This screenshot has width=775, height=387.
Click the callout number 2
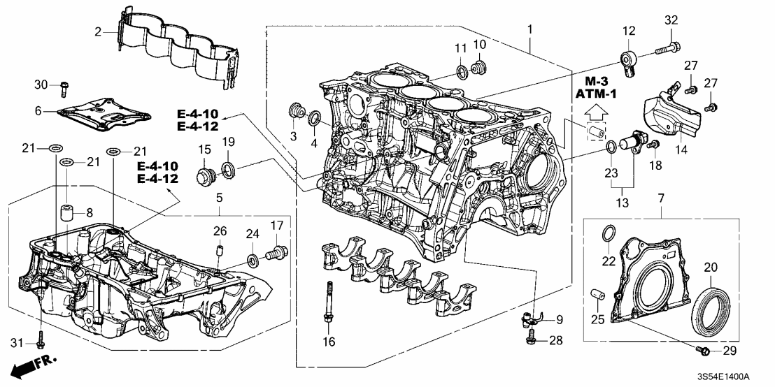[99, 31]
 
